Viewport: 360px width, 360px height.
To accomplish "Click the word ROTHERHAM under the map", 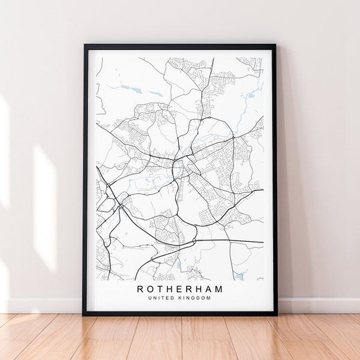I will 180,289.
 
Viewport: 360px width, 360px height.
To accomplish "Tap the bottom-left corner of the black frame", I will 83,314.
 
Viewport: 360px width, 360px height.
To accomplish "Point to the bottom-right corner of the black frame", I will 277,314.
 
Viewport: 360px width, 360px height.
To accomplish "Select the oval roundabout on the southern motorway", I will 194,242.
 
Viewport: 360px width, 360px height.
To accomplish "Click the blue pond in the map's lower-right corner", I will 240,275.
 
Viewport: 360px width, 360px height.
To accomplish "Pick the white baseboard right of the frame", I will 318,305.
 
